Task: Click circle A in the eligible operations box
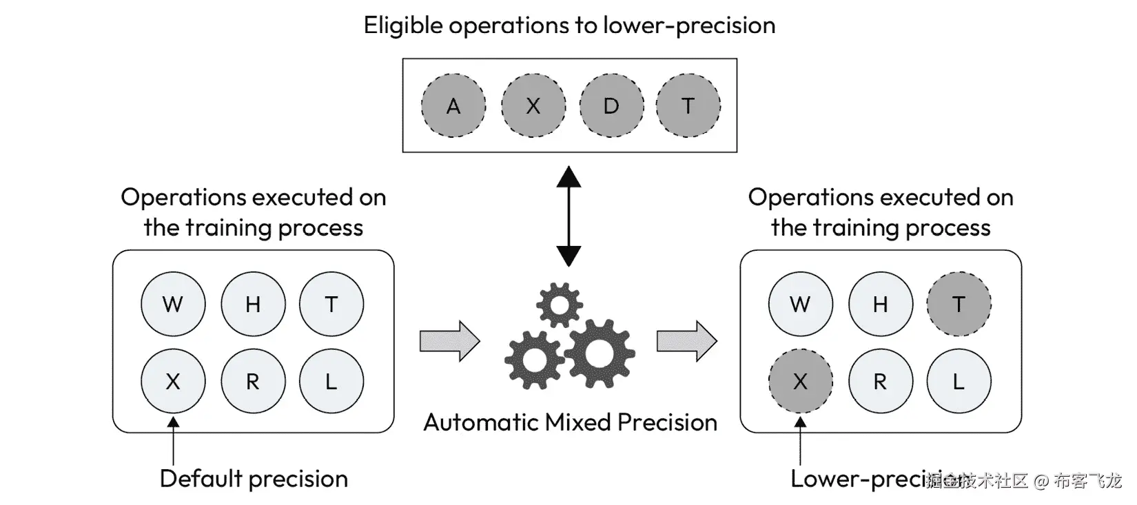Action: pos(453,105)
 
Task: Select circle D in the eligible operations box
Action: pos(611,105)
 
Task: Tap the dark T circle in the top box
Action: pos(688,105)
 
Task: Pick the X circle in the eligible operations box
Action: pos(533,105)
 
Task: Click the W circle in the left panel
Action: pos(173,304)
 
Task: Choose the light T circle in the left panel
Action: pos(331,304)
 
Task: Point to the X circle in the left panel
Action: pos(173,381)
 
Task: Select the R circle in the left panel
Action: pos(253,381)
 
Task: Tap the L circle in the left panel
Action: pos(331,381)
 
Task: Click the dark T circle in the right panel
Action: pos(959,304)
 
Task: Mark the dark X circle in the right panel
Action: pos(800,381)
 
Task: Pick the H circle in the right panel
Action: pos(880,304)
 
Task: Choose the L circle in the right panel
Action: pos(959,381)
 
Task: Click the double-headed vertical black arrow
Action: pos(568,216)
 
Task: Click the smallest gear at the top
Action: pos(559,305)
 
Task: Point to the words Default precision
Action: pos(254,478)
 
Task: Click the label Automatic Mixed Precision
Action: pos(570,422)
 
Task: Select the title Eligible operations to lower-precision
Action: pos(569,25)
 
